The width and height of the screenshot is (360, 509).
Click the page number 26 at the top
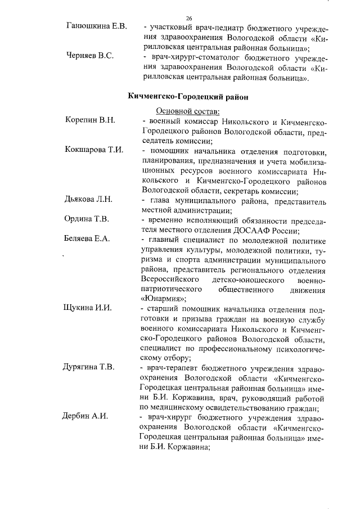point(189,19)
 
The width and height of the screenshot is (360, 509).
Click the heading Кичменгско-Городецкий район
point(188,97)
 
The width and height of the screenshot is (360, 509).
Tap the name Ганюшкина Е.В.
point(96,26)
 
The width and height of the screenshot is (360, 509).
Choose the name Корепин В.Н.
point(91,120)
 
